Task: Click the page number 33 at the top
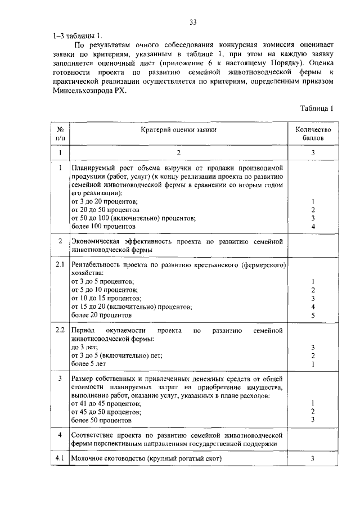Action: coord(192,22)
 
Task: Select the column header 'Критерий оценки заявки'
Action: coord(179,129)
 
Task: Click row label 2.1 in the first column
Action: coord(60,263)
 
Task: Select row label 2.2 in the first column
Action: coord(60,328)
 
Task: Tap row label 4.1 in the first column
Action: coord(60,459)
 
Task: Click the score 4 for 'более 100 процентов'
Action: coord(313,227)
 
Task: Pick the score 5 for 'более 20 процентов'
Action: coord(313,316)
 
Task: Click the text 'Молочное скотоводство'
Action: coord(108,459)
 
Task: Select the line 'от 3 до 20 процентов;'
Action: coord(105,201)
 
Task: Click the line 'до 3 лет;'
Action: coord(85,347)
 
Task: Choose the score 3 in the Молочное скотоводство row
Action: coord(313,459)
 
